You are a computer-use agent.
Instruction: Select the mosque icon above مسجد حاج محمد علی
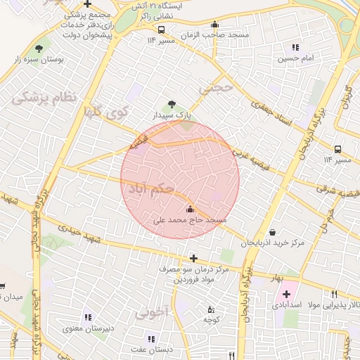coord(190,209)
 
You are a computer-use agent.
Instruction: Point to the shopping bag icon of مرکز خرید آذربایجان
coord(272,232)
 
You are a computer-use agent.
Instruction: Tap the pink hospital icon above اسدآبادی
coord(286,292)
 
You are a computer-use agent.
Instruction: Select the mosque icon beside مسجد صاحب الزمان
coord(214,24)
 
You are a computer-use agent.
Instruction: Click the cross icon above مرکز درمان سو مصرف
coord(193,258)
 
